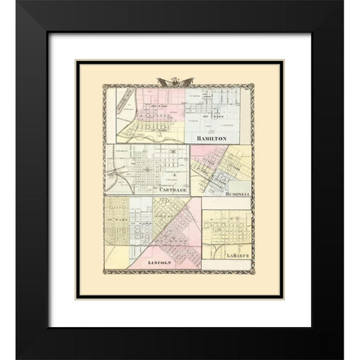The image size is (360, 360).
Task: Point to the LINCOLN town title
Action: (x=160, y=263)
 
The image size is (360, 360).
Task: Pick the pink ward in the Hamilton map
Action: (x=150, y=105)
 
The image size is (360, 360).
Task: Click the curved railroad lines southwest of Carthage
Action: (x=118, y=180)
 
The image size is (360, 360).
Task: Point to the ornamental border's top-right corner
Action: (x=255, y=89)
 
